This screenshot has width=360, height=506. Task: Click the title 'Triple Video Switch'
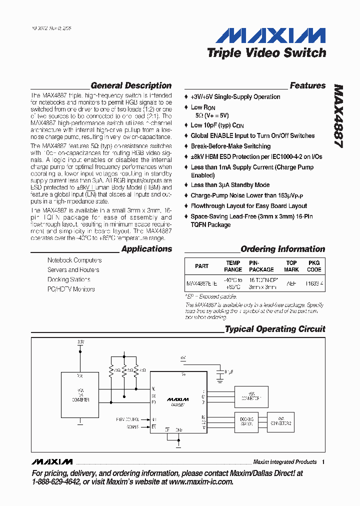pyautogui.click(x=266, y=52)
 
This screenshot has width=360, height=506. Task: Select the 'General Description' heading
pyautogui.click(x=131, y=85)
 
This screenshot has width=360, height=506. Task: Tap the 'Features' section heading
pyautogui.click(x=307, y=85)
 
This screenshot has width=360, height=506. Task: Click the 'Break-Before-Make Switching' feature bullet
pyautogui.click(x=230, y=146)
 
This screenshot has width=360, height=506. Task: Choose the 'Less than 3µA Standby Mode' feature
pyautogui.click(x=230, y=185)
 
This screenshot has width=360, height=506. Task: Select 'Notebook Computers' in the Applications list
pyautogui.click(x=74, y=260)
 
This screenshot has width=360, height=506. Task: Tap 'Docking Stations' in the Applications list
pyautogui.click(x=69, y=279)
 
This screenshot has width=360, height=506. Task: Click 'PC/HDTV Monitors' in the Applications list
pyautogui.click(x=71, y=289)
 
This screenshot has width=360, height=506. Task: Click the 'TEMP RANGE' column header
pyautogui.click(x=233, y=266)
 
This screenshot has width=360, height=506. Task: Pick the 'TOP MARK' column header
pyautogui.click(x=291, y=266)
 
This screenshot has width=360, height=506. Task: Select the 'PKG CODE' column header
pyautogui.click(x=314, y=266)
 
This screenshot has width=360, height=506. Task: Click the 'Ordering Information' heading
pyautogui.click(x=282, y=249)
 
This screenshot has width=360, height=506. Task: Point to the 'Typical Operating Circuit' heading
pyautogui.click(x=275, y=329)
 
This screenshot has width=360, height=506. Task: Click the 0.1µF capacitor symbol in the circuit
pyautogui.click(x=218, y=372)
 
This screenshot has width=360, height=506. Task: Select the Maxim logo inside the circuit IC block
pyautogui.click(x=178, y=399)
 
